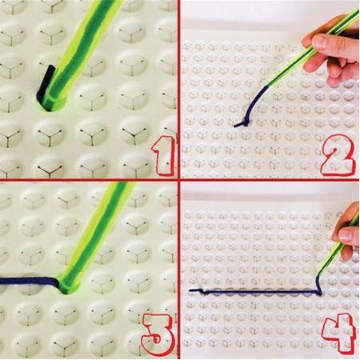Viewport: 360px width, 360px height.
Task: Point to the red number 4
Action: coord(339,333)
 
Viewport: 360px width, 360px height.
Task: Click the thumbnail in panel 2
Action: coord(320,41)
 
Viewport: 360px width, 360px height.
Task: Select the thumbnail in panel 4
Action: coord(346,234)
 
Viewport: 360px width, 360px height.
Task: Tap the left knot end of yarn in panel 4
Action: coord(198,290)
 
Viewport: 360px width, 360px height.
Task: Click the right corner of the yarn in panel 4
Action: coord(319,293)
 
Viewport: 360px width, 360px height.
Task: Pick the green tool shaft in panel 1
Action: coord(86,48)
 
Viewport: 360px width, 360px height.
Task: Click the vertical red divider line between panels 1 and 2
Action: coord(178,90)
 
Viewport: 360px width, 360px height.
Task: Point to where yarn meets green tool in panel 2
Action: coord(270,85)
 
